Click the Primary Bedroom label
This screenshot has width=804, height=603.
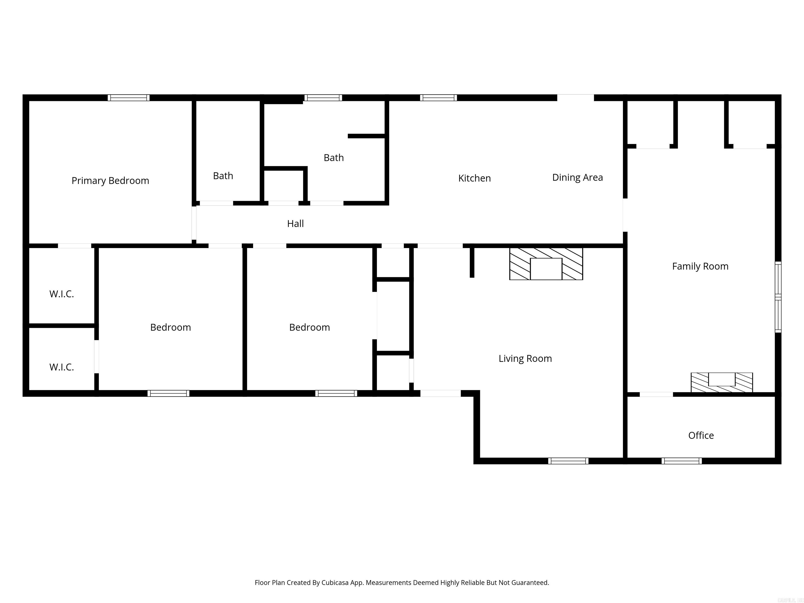(x=110, y=181)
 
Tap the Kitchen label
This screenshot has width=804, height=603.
(x=474, y=178)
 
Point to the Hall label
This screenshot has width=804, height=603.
(x=295, y=224)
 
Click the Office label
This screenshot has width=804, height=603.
(x=701, y=435)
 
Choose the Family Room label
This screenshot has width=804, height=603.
(x=700, y=266)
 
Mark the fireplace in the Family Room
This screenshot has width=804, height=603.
(x=722, y=382)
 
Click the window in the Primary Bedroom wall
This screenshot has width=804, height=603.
(x=128, y=97)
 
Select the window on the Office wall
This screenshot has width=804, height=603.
(x=682, y=461)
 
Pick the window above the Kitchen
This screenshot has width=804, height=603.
(x=438, y=97)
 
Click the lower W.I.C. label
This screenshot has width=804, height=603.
(x=62, y=367)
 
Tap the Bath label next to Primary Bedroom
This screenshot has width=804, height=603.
(x=223, y=176)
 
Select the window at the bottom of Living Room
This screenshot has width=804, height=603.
(x=568, y=461)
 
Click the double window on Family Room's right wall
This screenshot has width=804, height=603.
(x=778, y=297)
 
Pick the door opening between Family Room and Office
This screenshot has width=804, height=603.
(x=656, y=394)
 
